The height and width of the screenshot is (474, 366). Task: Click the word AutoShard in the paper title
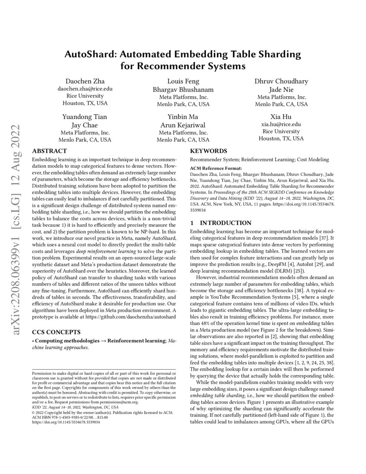tap(90, 55)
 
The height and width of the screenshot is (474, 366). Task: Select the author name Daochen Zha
tap(85, 81)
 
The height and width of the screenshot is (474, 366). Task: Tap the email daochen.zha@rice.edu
tap(85, 88)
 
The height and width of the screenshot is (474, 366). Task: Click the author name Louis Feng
tap(183, 81)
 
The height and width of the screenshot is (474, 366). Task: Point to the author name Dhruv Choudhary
tap(281, 81)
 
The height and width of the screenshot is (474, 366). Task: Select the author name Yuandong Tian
tap(85, 117)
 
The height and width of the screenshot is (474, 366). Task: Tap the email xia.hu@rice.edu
tap(281, 124)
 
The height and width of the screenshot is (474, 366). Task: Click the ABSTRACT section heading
tap(50, 151)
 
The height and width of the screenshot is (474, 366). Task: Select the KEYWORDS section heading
tap(208, 151)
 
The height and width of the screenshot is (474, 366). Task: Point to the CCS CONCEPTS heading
tap(56, 321)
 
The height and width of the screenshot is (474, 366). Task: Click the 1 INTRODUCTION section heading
tap(220, 223)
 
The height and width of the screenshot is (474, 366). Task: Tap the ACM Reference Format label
tap(216, 168)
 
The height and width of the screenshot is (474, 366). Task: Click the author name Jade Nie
tap(281, 89)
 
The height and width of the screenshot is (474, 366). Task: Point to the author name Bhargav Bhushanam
tap(183, 89)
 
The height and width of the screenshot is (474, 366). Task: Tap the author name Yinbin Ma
tap(183, 117)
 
